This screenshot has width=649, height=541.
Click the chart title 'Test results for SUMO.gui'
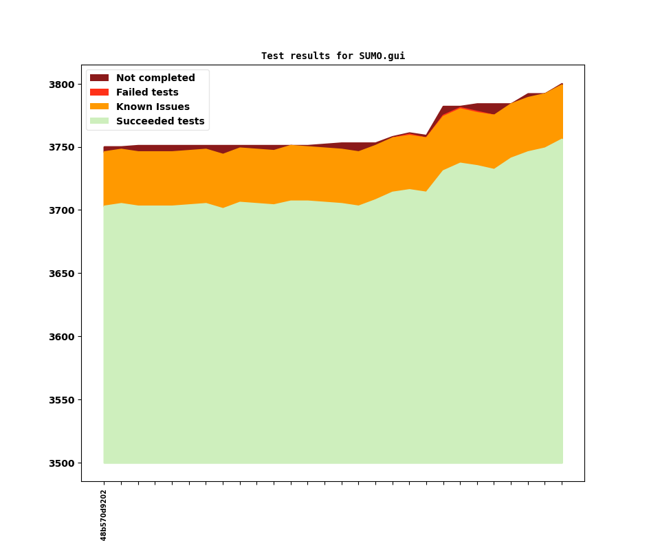[333, 56]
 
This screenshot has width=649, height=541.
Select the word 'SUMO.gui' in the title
[382, 56]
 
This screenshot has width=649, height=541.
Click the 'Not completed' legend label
[155, 78]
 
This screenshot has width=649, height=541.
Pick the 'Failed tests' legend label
[147, 93]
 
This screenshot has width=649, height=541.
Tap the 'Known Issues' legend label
[153, 107]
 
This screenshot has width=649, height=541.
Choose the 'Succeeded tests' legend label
[160, 122]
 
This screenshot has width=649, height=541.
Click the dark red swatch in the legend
[99, 78]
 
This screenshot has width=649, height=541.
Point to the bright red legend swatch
[99, 93]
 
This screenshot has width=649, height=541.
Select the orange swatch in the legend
[99, 107]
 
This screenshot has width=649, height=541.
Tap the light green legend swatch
[99, 122]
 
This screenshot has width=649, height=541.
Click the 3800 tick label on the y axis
[62, 85]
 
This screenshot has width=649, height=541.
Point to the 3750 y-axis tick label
[62, 148]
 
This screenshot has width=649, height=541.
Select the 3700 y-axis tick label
[62, 210]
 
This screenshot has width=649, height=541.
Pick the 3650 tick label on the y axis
[62, 274]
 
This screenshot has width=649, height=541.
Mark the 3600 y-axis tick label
[62, 337]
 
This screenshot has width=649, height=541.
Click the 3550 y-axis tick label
[62, 400]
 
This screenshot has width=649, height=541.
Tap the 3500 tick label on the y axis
[62, 463]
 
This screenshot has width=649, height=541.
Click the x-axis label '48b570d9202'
[104, 515]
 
